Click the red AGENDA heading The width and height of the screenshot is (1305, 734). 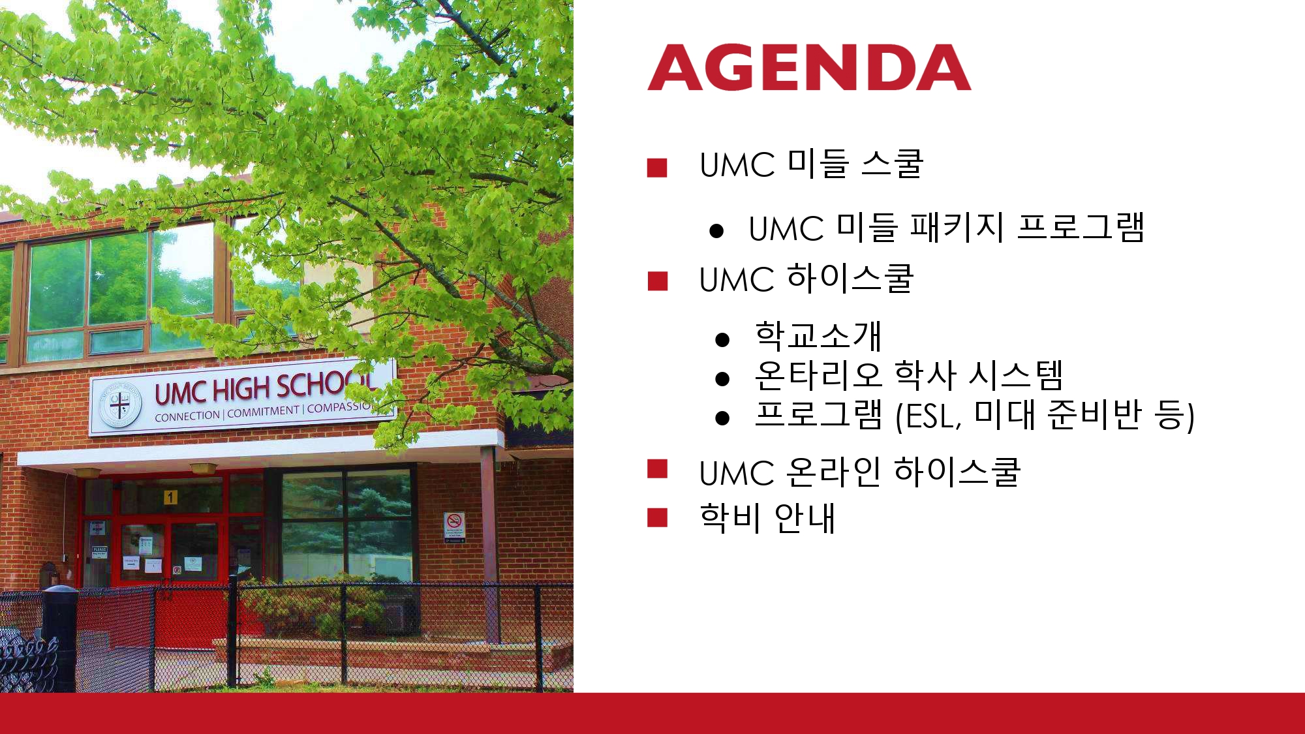tap(809, 68)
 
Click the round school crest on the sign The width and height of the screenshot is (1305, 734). tap(120, 406)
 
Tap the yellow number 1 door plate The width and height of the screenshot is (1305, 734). tap(170, 497)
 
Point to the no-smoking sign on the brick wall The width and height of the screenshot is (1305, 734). tap(454, 527)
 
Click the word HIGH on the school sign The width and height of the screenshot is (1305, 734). tap(241, 390)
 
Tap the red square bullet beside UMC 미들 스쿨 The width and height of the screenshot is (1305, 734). tap(657, 168)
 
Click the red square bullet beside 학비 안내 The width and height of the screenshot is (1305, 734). tap(657, 517)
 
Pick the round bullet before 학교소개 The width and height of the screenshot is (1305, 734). tap(722, 339)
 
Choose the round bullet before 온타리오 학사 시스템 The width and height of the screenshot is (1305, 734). tap(722, 378)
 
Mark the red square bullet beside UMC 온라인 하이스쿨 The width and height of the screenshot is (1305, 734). tap(657, 469)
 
